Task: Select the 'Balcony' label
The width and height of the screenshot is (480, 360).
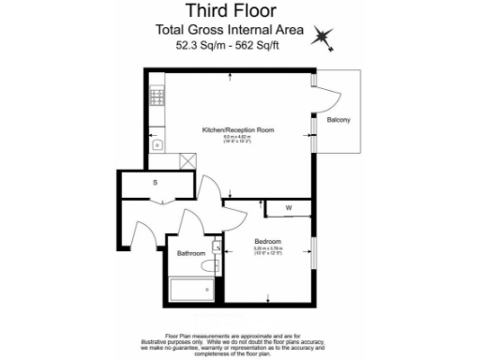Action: click(x=338, y=121)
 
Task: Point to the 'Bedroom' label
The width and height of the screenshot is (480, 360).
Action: click(x=268, y=240)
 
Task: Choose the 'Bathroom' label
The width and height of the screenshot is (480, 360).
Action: click(x=191, y=254)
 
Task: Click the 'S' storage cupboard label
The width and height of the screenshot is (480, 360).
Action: click(x=156, y=183)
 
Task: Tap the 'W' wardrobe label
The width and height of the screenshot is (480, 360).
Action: click(x=289, y=207)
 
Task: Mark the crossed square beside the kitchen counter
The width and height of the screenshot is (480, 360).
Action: click(x=188, y=161)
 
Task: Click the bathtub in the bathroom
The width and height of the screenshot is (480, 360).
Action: click(x=194, y=288)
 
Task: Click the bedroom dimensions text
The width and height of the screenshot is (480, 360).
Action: click(x=268, y=250)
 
